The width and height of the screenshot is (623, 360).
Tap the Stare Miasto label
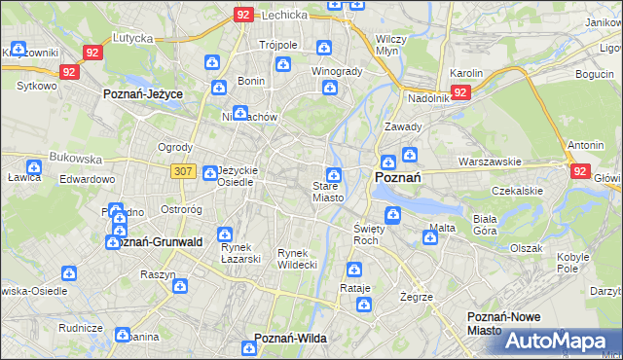coord(327,192)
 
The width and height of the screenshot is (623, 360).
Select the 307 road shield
coord(181,171)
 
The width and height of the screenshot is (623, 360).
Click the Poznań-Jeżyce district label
coord(144,95)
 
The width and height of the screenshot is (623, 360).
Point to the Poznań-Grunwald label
coord(155,241)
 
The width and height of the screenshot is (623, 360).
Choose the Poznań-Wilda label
coord(289,338)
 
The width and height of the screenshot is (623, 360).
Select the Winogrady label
coord(336,71)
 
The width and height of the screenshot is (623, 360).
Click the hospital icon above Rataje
coord(352,270)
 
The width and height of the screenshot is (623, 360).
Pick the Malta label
coord(441,228)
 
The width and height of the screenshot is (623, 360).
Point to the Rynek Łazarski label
coord(238,253)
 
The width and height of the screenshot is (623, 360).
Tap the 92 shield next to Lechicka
coord(243,15)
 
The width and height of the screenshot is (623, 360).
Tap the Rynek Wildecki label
coord(297,258)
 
